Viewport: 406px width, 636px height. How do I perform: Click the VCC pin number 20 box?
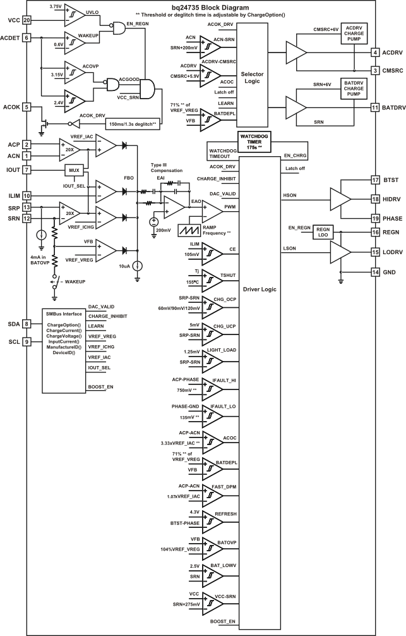27,20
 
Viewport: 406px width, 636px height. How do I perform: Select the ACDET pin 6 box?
27,38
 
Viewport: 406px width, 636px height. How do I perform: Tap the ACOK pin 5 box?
27,106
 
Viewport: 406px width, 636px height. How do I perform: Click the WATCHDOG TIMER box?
254,140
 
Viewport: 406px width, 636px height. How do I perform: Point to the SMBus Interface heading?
64,314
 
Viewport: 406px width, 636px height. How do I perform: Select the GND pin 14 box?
375,272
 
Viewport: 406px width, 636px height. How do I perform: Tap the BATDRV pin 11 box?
375,107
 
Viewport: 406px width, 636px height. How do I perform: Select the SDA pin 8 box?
27,324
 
